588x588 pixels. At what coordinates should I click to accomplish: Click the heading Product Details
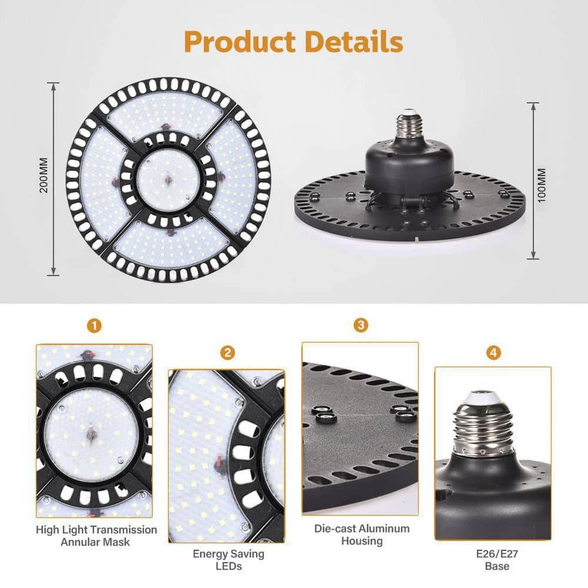pyautogui.click(x=293, y=42)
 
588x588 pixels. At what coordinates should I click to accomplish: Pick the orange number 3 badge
pyautogui.click(x=360, y=325)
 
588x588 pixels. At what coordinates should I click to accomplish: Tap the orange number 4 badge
pyautogui.click(x=494, y=353)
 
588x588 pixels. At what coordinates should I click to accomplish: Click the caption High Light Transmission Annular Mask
pyautogui.click(x=96, y=535)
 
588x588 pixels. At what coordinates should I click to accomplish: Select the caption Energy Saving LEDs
pyautogui.click(x=229, y=560)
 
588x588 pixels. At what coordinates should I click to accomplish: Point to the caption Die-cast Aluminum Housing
pyautogui.click(x=362, y=534)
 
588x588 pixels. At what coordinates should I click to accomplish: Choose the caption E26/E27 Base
pyautogui.click(x=494, y=560)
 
